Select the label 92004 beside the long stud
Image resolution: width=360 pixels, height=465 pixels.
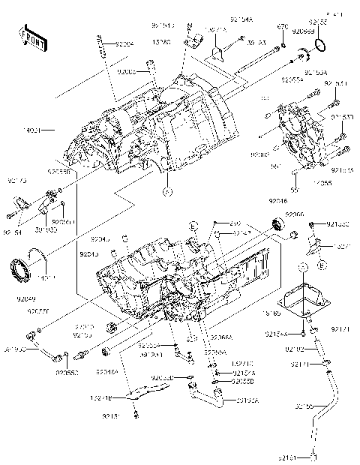(x=124, y=44)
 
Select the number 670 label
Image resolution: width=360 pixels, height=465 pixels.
(x=282, y=27)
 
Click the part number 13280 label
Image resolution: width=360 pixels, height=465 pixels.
(x=161, y=43)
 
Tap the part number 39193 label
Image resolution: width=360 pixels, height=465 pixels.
(x=257, y=43)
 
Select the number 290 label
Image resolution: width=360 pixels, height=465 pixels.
(x=235, y=223)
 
